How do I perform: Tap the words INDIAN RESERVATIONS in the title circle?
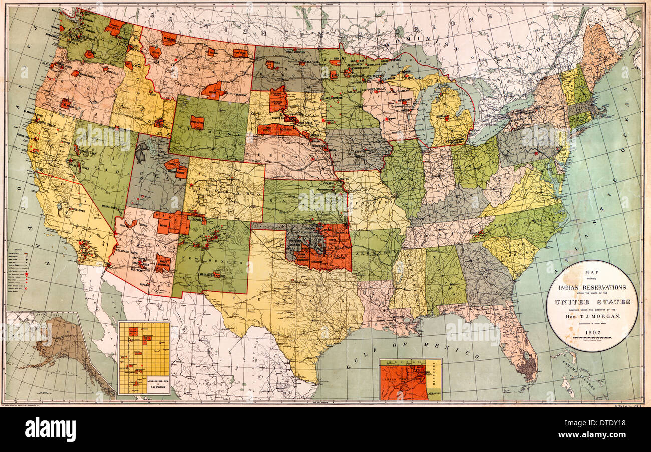pyautogui.click(x=592, y=288)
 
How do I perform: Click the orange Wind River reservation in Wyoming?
pyautogui.click(x=197, y=122)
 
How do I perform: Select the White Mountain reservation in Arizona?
pyautogui.click(x=162, y=262)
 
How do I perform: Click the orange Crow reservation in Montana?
pyautogui.click(x=212, y=90)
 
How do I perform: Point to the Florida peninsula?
pyautogui.click(x=518, y=345)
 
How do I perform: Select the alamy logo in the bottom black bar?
pyautogui.click(x=50, y=429)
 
